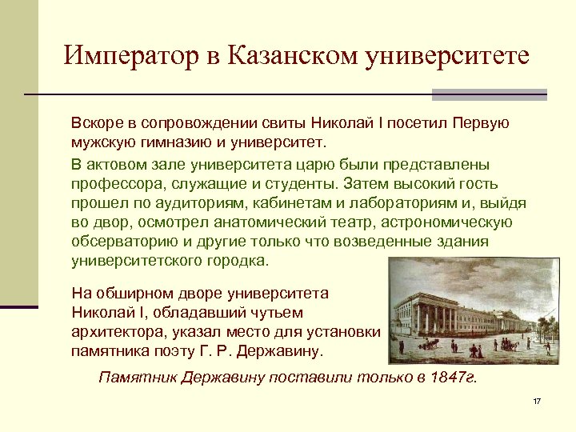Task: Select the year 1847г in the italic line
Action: [455, 378]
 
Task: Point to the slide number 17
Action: [537, 401]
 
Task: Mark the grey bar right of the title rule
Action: [489, 94]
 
